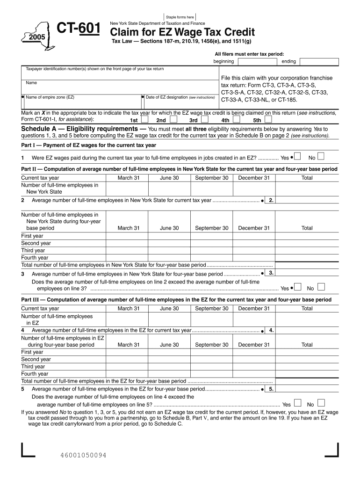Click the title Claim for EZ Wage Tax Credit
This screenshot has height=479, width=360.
(182, 32)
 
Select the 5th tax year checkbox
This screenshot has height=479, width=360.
(268, 119)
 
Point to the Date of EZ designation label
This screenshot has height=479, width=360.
(180, 98)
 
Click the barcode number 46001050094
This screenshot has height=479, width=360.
(83, 455)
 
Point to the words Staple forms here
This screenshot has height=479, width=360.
(180, 17)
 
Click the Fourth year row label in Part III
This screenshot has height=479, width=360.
(35, 374)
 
